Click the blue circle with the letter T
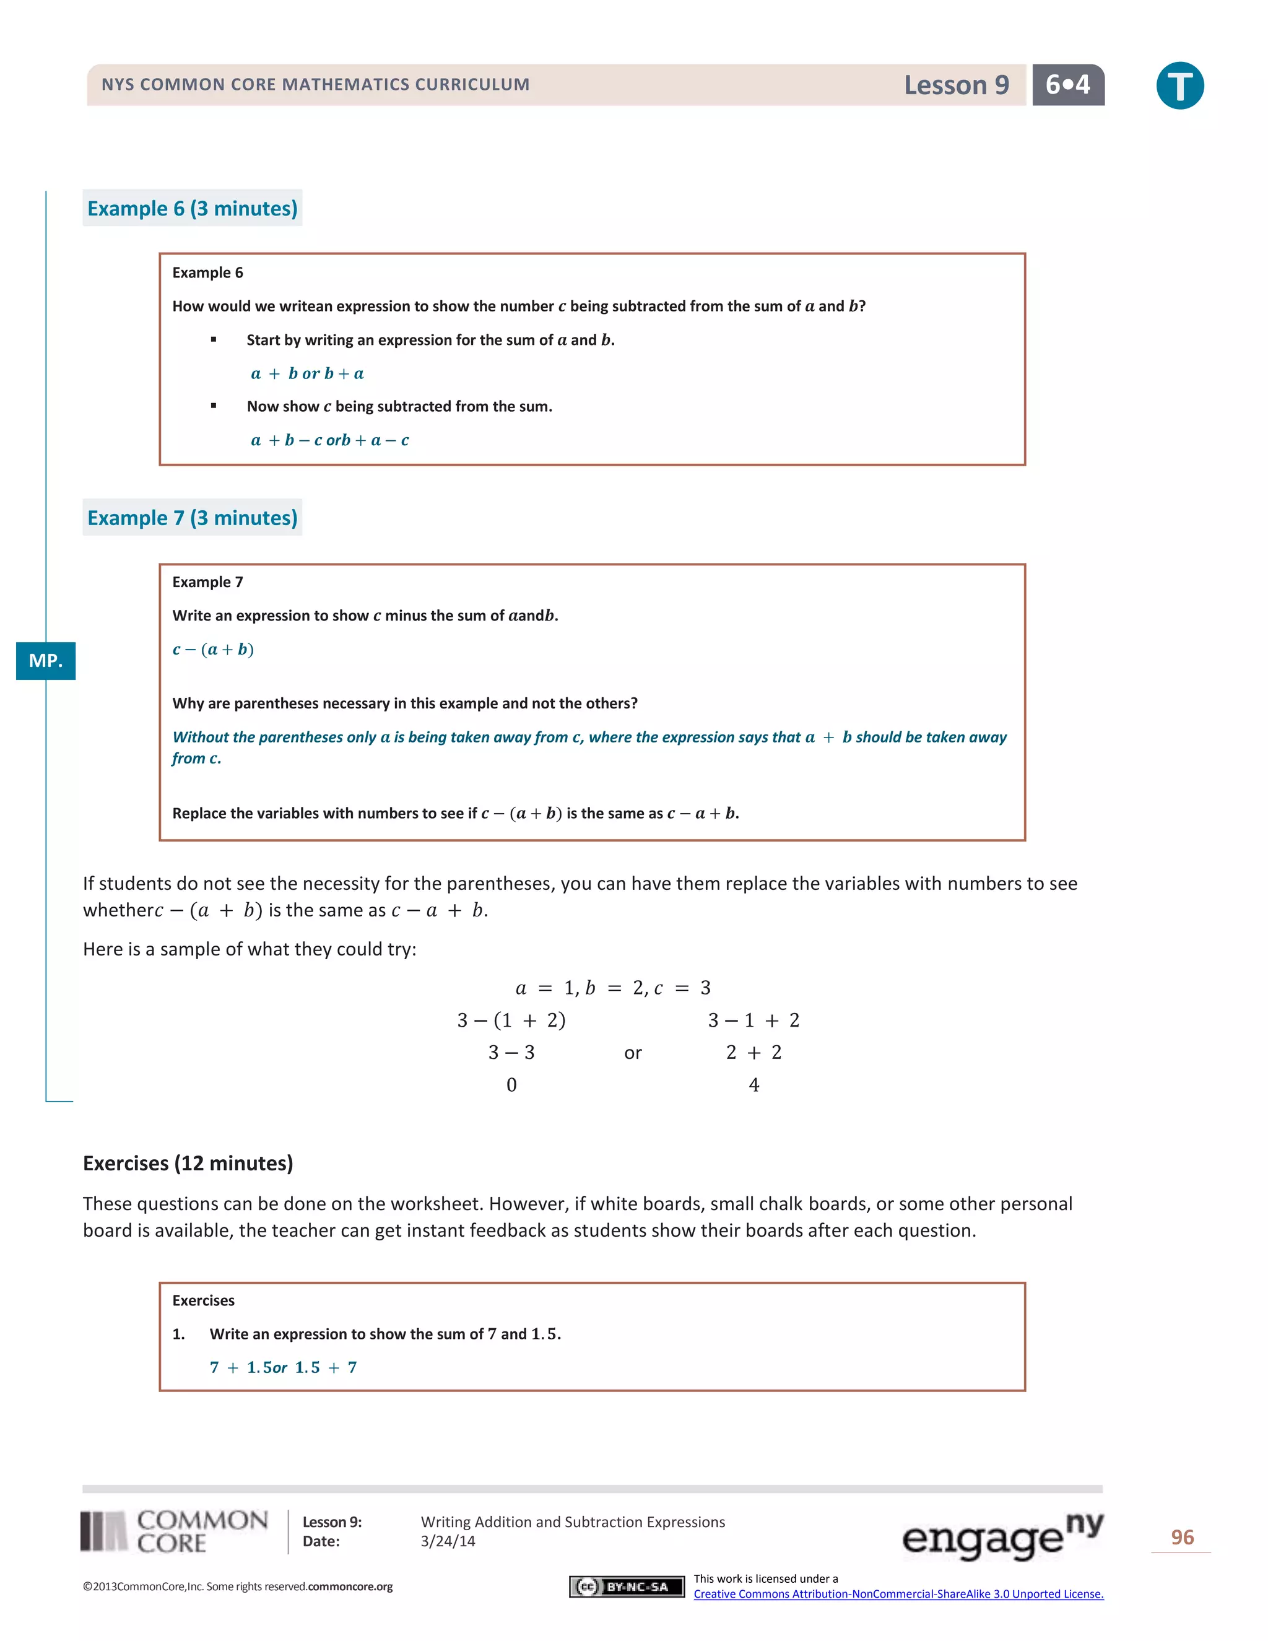coord(1179,85)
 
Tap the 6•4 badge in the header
coord(1067,85)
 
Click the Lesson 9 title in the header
coord(955,85)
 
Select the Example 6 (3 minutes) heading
coord(193,208)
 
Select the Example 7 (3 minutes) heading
coord(193,518)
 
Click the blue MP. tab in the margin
coord(46,661)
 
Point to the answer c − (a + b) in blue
coord(214,649)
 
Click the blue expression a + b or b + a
coord(307,373)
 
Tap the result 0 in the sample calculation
coord(511,1084)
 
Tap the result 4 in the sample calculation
coord(753,1084)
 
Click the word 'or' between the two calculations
coord(633,1053)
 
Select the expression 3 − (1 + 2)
coord(511,1020)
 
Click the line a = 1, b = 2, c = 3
coord(613,987)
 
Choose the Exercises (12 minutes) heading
coord(188,1163)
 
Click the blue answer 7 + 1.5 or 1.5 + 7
coord(283,1367)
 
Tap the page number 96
coord(1181,1538)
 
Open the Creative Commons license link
coord(898,1594)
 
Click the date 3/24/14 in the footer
coord(448,1541)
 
